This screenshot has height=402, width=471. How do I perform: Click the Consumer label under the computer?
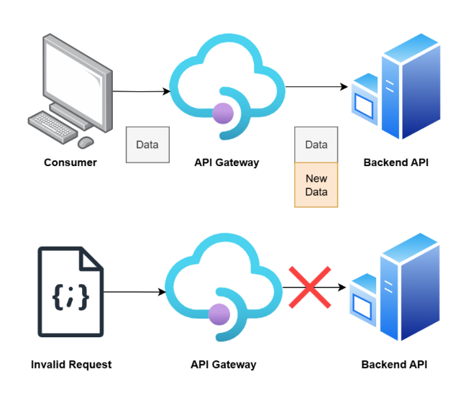[x=70, y=163]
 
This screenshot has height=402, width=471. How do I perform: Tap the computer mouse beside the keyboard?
[x=86, y=142]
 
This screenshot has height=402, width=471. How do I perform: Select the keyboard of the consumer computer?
[x=52, y=126]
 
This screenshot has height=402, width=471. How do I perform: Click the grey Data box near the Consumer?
[x=147, y=145]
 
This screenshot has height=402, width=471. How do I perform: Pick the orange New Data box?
[x=316, y=185]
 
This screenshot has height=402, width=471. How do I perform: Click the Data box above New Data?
[x=316, y=145]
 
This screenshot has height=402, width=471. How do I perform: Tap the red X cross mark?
[x=309, y=288]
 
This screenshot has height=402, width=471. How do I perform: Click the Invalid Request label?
[x=71, y=365]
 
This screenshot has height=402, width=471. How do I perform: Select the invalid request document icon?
[x=70, y=291]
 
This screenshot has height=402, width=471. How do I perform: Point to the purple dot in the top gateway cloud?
[x=223, y=111]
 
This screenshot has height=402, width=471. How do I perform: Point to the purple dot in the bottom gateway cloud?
[x=219, y=314]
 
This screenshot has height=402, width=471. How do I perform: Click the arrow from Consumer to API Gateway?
[x=142, y=91]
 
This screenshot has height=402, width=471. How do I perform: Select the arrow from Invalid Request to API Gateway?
[x=134, y=292]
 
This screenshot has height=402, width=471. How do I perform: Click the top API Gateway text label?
[x=227, y=163]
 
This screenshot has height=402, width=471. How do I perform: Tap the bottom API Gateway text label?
[x=224, y=365]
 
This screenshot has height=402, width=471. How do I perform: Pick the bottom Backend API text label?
[x=394, y=365]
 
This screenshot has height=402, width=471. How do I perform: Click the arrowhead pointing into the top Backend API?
[x=344, y=87]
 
